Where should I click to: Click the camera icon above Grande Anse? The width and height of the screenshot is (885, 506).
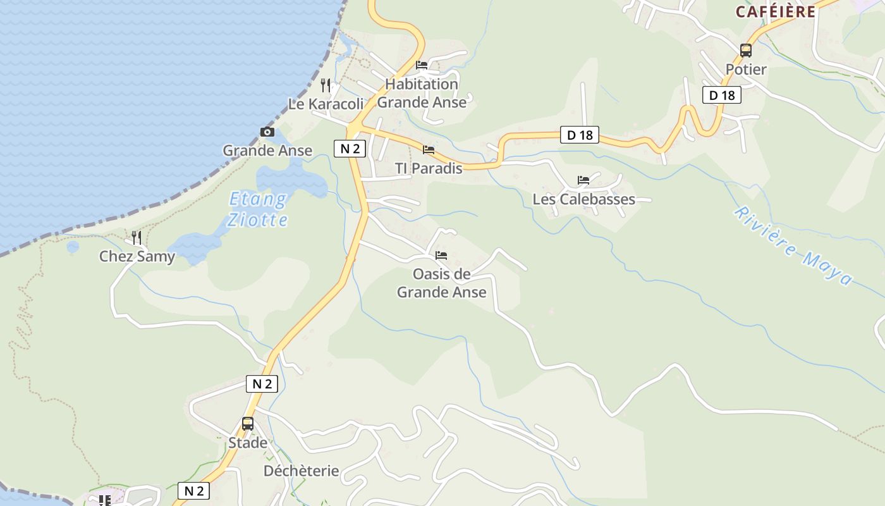pos(267,132)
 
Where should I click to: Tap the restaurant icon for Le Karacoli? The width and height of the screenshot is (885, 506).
pos(326,85)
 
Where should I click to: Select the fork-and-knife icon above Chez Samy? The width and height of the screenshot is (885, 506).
pos(137,238)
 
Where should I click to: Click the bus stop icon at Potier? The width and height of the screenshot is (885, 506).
pos(746,51)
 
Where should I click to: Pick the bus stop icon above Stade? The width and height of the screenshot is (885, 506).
pos(248,424)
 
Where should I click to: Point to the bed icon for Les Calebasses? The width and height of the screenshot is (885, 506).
pos(583,180)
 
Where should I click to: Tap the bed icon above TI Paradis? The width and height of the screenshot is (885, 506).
pos(429,150)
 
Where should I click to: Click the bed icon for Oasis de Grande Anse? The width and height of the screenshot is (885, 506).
pos(441,256)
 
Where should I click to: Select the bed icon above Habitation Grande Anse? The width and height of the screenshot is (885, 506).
pos(422,65)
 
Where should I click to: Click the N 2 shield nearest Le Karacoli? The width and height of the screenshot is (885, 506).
pos(350,149)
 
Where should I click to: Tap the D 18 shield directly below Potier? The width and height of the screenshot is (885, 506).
pos(722,96)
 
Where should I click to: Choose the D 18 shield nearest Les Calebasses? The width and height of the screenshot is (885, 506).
pos(580,135)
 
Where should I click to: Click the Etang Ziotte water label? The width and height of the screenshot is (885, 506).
pos(258,209)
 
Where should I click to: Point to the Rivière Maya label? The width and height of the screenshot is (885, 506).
pos(793,246)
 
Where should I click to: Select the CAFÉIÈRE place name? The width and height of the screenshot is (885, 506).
pos(776,11)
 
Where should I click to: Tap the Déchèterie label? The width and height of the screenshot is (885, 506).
pos(301,471)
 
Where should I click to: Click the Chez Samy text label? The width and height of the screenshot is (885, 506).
pos(137,257)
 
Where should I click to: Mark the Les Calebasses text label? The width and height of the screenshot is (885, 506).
pos(583,199)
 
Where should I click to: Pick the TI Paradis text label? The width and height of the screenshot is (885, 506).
pos(429,168)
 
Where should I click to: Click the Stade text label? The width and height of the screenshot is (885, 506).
pos(248,443)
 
